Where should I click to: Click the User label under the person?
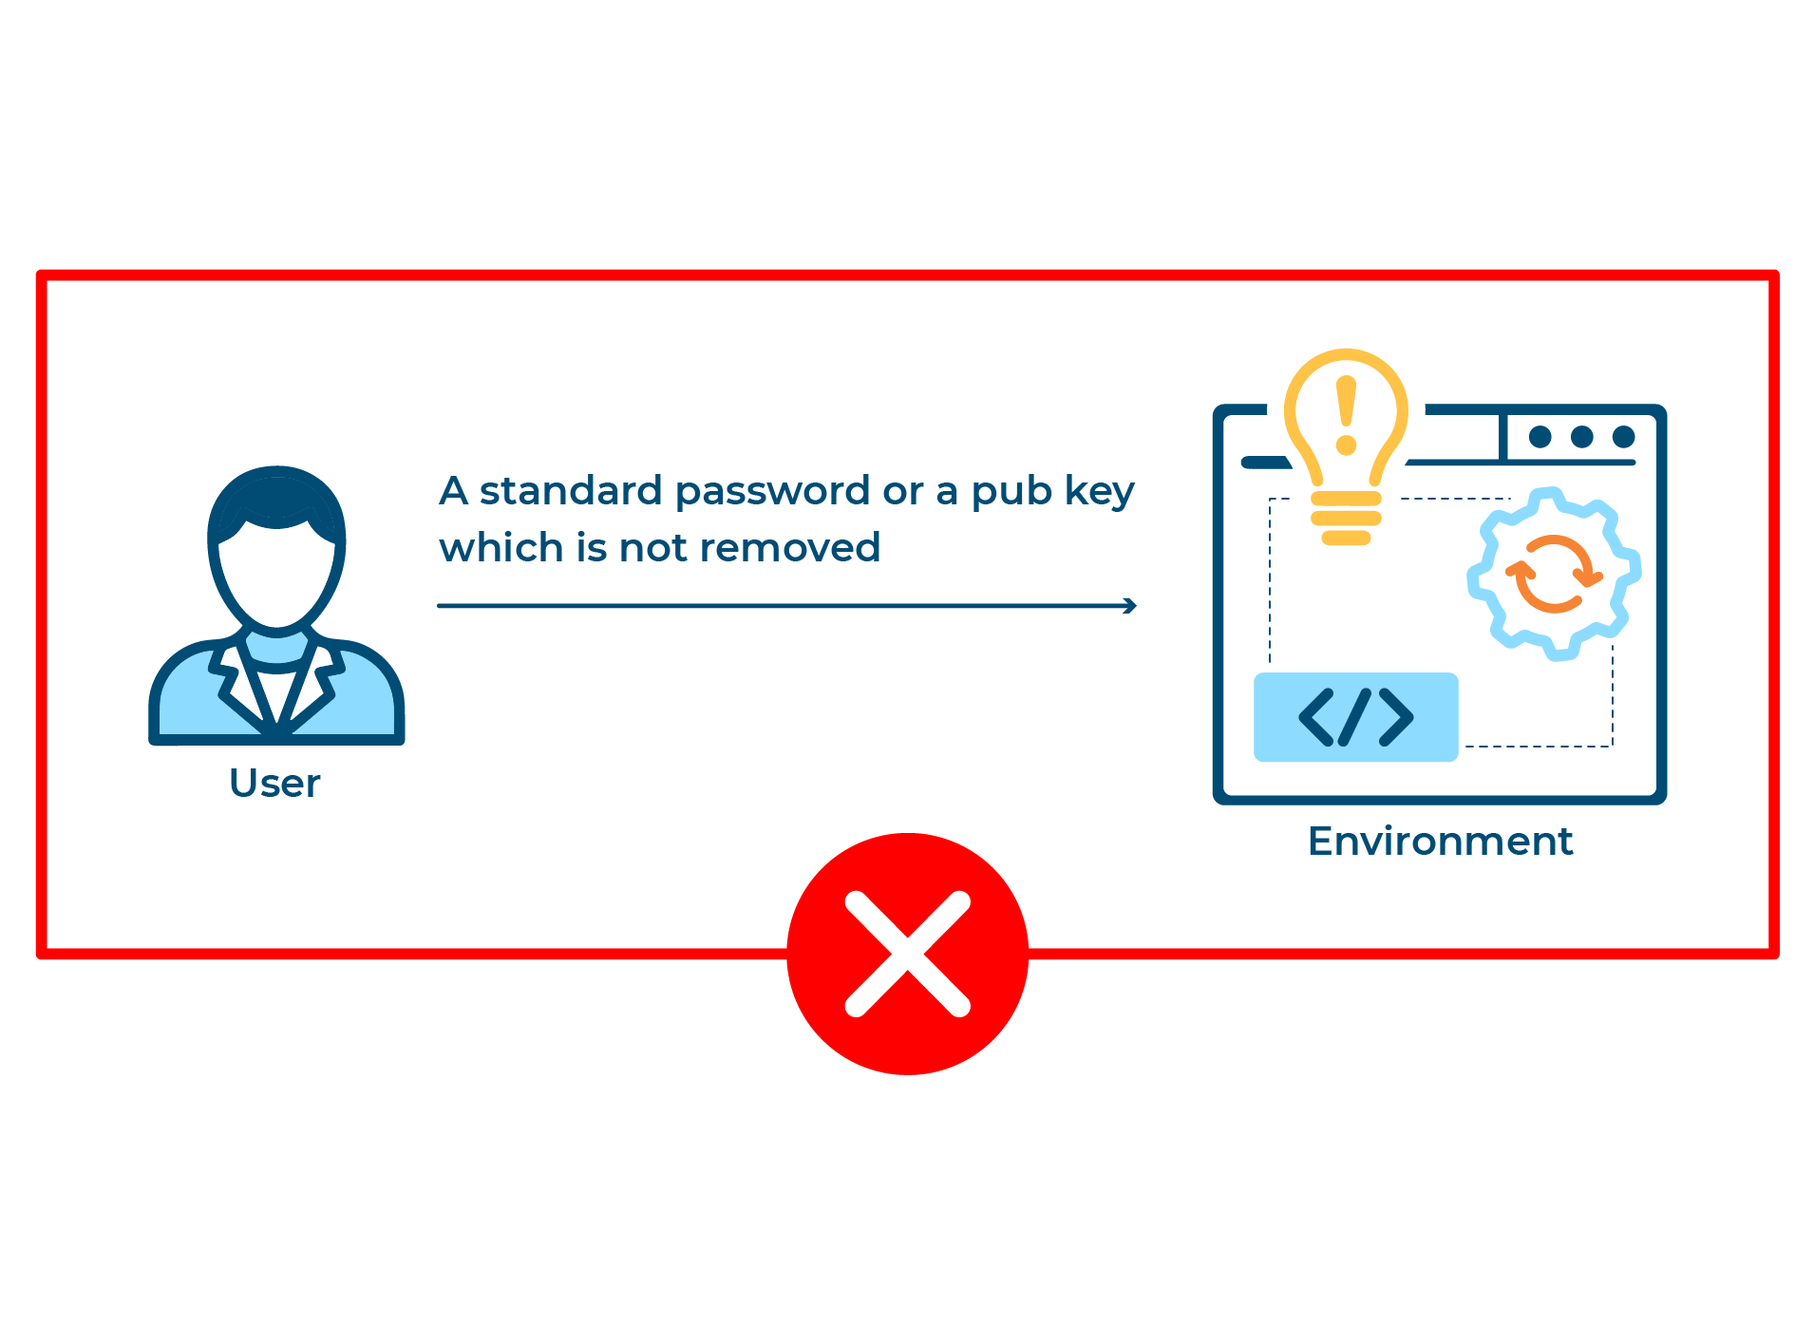274,783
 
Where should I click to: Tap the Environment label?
1440,841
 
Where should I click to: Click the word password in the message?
773,492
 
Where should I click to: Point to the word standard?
571,490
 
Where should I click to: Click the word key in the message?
1100,492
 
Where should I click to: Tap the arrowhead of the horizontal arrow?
1130,605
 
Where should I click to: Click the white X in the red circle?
908,954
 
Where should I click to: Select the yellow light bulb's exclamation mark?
1346,415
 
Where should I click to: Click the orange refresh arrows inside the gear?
1554,574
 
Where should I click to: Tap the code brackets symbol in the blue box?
1355,717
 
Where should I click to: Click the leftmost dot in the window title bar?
1540,437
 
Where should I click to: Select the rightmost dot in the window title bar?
1624,437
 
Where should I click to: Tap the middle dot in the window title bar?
1582,437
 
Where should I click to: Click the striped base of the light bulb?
1346,519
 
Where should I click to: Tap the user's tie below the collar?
276,698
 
